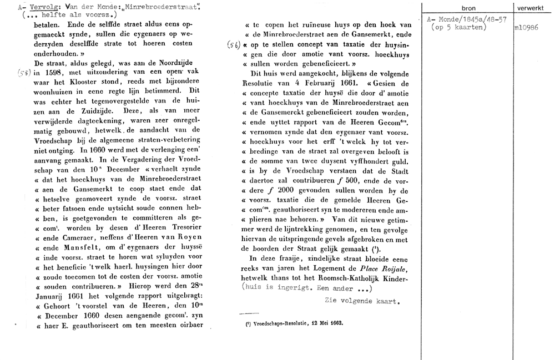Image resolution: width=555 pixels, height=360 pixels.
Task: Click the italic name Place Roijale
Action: (389, 270)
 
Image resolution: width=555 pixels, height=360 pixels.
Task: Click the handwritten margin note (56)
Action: (233, 46)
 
